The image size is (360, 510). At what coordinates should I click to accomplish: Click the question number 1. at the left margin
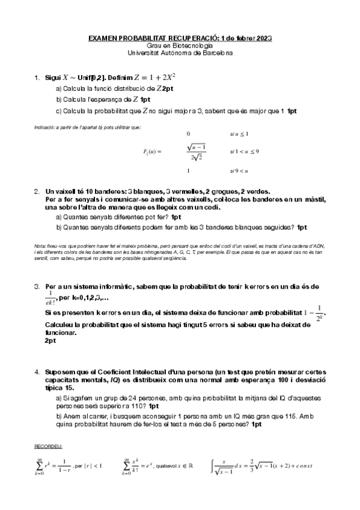click(x=37, y=78)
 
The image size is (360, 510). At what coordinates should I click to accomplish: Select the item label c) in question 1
click(x=58, y=111)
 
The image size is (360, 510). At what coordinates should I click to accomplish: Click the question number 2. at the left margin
click(x=37, y=191)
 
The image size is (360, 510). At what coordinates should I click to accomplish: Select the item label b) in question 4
click(x=58, y=416)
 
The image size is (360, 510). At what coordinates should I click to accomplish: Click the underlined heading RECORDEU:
click(x=49, y=446)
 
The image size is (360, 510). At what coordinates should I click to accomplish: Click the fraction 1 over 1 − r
click(x=62, y=464)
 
